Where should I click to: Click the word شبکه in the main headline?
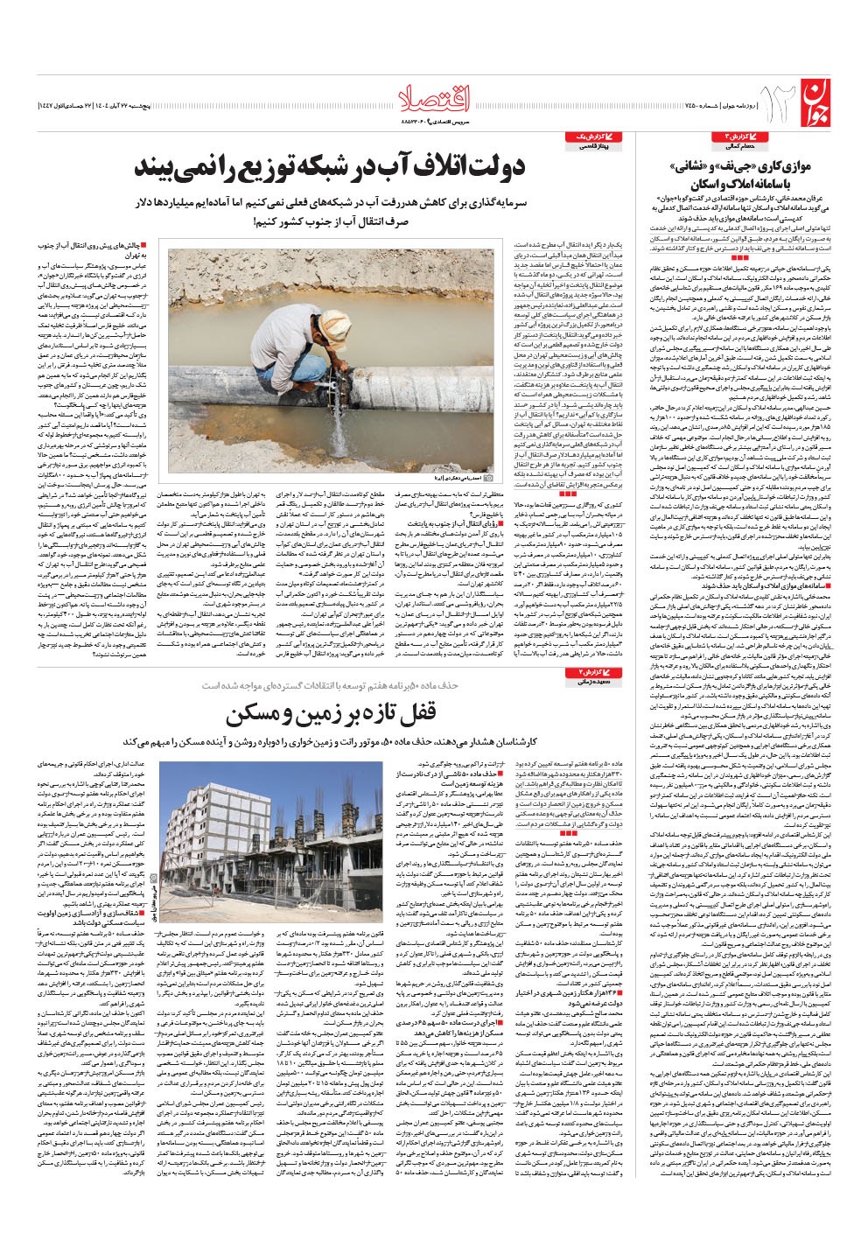click(304, 169)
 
